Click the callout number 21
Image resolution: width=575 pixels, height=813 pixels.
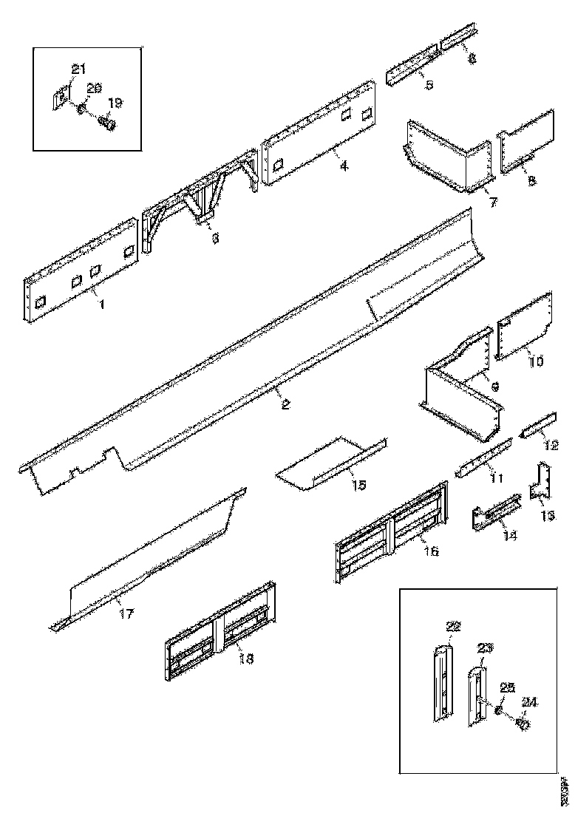pyautogui.click(x=78, y=69)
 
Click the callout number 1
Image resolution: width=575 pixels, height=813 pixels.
pyautogui.click(x=101, y=304)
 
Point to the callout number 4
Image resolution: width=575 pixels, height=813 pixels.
pyautogui.click(x=344, y=166)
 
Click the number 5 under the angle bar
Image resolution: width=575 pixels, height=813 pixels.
pyautogui.click(x=429, y=85)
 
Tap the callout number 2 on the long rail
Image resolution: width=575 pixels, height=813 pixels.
pyautogui.click(x=285, y=404)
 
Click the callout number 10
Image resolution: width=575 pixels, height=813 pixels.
pyautogui.click(x=536, y=361)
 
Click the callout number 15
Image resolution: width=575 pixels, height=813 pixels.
pyautogui.click(x=358, y=486)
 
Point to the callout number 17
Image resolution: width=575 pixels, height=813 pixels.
pyautogui.click(x=126, y=613)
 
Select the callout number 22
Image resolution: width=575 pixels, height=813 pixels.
pyautogui.click(x=453, y=627)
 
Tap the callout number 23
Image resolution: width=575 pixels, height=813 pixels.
pyautogui.click(x=484, y=648)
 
